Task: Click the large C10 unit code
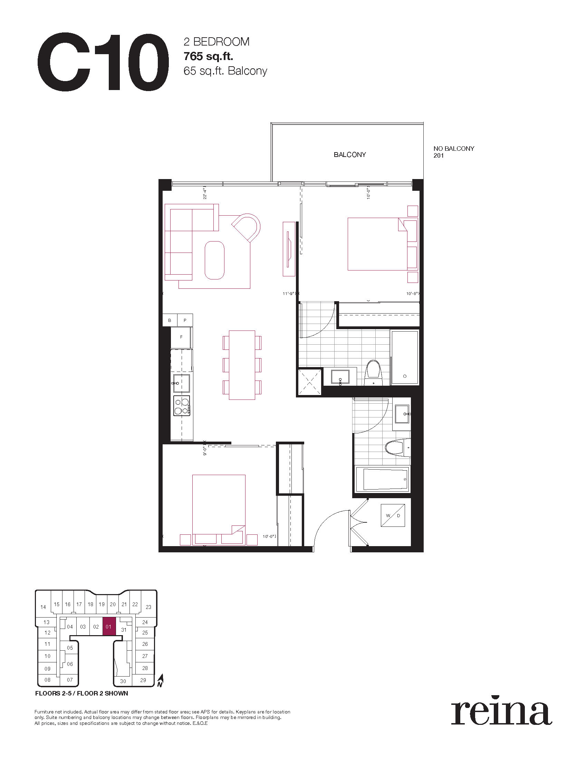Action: (103, 62)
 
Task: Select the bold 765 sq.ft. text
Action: (208, 56)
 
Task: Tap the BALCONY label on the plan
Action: (350, 155)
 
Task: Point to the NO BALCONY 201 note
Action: (454, 152)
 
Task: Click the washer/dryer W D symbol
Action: (393, 515)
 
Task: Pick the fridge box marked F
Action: (181, 337)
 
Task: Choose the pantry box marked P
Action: (185, 320)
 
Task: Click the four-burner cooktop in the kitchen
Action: (182, 406)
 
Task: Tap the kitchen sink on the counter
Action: (181, 383)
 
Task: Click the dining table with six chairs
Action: (242, 365)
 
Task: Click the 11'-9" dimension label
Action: (289, 294)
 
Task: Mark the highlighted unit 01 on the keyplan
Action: (108, 627)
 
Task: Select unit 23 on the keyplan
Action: (148, 607)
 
